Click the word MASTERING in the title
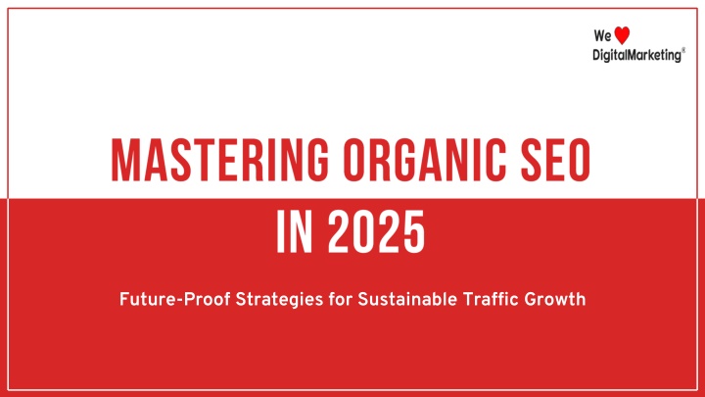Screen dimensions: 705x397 point(220,160)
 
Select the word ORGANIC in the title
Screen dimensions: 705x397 point(424,160)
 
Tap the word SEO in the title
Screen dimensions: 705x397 point(556,160)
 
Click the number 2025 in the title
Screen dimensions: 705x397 point(376,231)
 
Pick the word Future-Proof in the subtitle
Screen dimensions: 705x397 point(175,299)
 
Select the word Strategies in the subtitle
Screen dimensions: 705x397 point(279,300)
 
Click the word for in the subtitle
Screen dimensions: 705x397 point(341,299)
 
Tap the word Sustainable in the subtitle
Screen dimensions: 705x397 point(407,299)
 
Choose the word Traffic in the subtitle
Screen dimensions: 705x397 point(491,299)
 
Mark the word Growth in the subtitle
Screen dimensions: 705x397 point(555,299)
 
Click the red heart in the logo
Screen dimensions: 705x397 point(622,35)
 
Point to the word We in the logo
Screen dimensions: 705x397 point(602,35)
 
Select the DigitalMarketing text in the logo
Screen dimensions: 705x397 point(636,55)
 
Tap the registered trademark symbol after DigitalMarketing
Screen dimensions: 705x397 point(683,50)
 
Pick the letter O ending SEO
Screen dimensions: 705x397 point(578,160)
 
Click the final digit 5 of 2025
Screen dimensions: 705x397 point(413,231)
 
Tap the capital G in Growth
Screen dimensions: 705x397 point(531,300)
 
